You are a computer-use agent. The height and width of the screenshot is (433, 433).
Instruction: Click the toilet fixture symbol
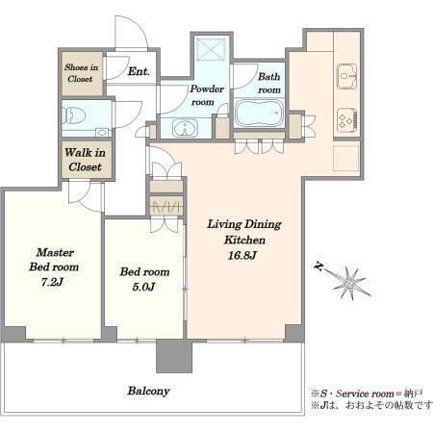pos(73,115)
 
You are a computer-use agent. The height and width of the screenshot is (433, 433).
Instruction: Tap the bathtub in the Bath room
pos(259,113)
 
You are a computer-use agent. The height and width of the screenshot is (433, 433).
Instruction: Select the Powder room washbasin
pos(185,128)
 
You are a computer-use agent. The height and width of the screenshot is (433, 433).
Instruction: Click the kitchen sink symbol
pos(346,76)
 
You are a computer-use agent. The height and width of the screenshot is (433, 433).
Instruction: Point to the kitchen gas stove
pos(346,119)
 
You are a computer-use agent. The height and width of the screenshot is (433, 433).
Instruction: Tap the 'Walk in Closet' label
pos(85,160)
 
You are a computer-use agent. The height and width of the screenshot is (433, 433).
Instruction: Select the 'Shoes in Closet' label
pos(81,73)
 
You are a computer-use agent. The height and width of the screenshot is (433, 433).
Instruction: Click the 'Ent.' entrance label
pos(139,71)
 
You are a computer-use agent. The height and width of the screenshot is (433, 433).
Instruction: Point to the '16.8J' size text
pos(242,256)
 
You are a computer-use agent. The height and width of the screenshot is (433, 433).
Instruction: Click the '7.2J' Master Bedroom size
pos(52,282)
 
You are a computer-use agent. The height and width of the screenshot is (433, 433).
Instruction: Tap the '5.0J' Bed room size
pos(143,287)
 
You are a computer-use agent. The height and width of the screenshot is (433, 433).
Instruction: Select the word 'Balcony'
pos(148,391)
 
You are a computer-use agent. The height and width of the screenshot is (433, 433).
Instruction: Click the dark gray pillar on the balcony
pos(174,356)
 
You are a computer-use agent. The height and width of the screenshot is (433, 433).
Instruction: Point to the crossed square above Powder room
pos(211,49)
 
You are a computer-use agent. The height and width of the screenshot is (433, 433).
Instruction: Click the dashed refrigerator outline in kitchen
pos(345,158)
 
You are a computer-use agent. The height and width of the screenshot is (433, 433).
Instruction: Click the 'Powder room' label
pos(207,95)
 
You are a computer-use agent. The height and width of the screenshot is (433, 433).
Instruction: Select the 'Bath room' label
pos(269,83)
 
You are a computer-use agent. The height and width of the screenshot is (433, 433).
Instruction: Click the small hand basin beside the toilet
pos(102,132)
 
